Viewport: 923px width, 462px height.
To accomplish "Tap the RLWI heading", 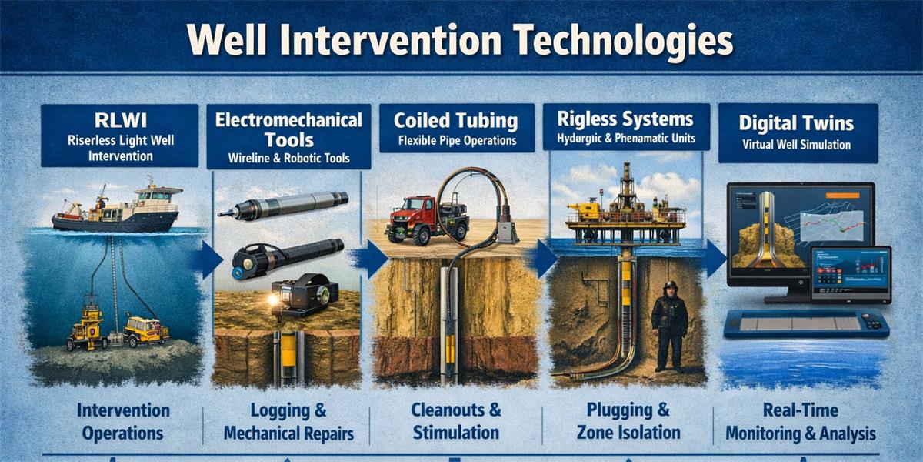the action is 120,120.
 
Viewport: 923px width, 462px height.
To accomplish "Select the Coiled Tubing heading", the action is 455,120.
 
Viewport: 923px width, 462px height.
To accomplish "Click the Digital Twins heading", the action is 796,123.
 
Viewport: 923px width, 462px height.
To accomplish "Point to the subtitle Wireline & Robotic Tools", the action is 289,158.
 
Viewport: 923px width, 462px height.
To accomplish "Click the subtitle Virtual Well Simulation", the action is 797,145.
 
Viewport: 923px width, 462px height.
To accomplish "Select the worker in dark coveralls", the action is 670,326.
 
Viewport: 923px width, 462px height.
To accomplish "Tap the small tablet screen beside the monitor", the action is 851,274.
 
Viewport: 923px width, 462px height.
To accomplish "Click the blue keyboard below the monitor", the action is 806,324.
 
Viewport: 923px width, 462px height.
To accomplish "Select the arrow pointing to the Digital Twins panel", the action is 716,259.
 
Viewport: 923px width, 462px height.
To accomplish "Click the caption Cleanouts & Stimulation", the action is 455,421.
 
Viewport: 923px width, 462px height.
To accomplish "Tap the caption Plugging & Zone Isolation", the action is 628,421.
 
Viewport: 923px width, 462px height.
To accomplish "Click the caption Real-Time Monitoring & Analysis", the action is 801,422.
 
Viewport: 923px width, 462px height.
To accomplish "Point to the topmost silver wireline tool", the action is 283,205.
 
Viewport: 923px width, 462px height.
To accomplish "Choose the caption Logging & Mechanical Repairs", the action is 288,422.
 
